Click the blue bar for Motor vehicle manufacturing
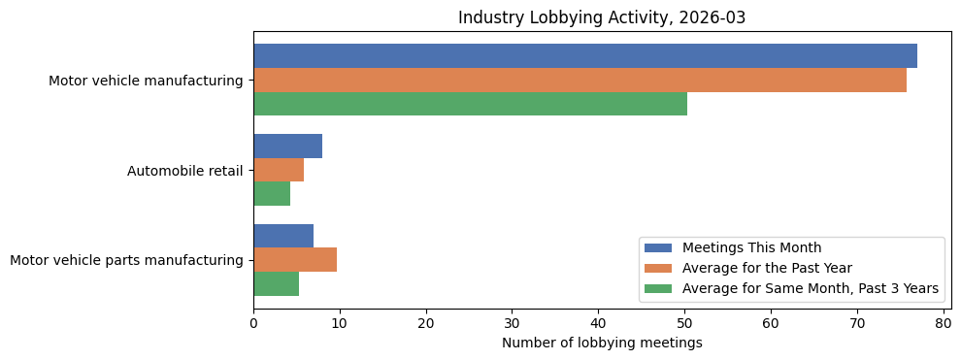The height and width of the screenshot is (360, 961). tap(585, 56)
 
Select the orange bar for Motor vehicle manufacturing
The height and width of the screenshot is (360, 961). tap(580, 81)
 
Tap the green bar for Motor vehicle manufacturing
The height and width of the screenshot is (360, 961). tap(470, 104)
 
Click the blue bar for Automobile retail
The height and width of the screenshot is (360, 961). tap(287, 147)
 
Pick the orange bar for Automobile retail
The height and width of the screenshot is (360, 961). tap(279, 170)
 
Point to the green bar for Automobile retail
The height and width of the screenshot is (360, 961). tap(272, 194)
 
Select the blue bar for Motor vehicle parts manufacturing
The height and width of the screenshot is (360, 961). tap(283, 236)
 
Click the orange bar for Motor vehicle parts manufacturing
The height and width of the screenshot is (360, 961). tap(295, 260)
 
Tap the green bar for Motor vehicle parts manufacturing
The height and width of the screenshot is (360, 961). tap(276, 283)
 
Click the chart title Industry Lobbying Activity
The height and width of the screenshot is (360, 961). tap(602, 17)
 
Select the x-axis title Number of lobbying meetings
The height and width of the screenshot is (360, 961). tap(602, 343)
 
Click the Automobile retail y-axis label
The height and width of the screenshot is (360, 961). tap(184, 171)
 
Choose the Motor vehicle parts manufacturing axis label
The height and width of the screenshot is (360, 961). tap(126, 260)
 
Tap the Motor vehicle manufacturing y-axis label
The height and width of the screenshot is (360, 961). tap(146, 81)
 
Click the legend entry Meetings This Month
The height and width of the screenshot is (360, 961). tap(751, 247)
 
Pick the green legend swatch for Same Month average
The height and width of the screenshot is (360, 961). tap(658, 288)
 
